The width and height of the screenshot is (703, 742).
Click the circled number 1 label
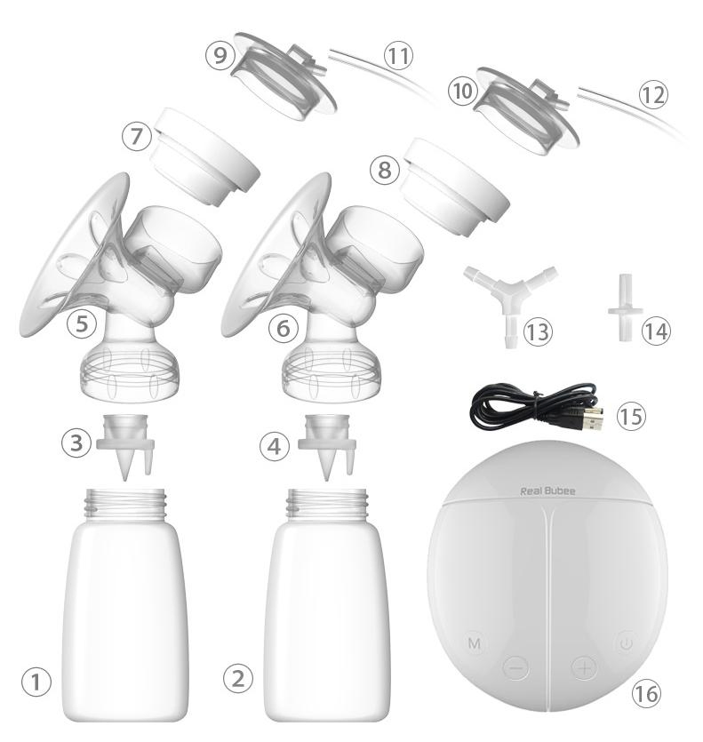click(36, 682)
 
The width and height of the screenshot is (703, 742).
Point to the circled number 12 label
click(652, 94)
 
